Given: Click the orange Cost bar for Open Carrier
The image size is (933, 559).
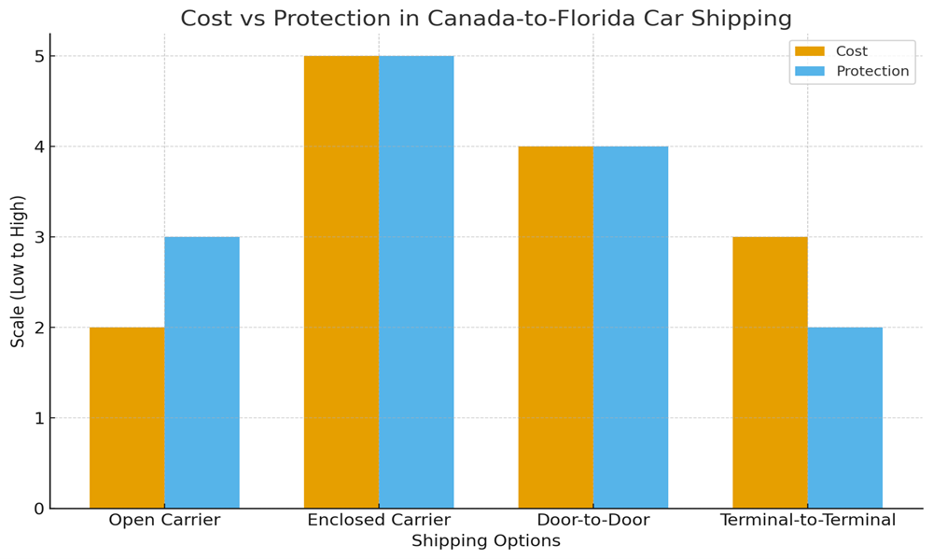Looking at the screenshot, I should [127, 418].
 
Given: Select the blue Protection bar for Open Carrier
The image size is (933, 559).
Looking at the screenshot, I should [202, 373].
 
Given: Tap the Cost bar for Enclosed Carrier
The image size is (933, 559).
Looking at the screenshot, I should [341, 282].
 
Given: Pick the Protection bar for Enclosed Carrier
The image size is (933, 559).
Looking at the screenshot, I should [416, 282].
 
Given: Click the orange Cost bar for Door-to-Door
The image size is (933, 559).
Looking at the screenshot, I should [556, 327].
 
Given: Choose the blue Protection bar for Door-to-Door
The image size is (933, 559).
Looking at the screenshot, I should [631, 327].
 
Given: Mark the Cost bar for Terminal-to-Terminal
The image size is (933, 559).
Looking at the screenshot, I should [770, 373].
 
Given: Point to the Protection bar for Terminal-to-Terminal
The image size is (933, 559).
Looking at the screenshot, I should [844, 418].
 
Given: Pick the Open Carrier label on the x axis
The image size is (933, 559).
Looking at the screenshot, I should [164, 521].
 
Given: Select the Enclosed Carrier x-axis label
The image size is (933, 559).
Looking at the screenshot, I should [379, 521].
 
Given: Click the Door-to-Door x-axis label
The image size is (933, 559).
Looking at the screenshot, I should [593, 521].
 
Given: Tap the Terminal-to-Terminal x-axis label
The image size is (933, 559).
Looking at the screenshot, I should [808, 521].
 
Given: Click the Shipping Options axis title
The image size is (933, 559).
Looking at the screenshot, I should [486, 541].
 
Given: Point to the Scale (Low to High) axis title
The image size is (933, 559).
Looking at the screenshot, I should [19, 271].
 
